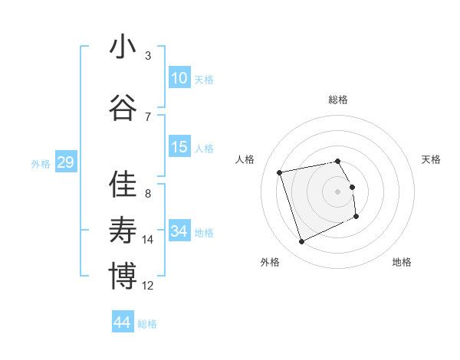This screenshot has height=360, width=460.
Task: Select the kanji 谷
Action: click(123, 109)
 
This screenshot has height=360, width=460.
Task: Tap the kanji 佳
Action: click(123, 185)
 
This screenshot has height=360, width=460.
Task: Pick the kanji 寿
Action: click(123, 231)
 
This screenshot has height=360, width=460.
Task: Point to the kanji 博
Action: click(123, 277)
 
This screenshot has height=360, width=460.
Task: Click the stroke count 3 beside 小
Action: click(148, 55)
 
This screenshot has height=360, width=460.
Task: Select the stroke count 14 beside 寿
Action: click(148, 240)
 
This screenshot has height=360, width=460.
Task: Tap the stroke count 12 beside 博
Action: click(148, 286)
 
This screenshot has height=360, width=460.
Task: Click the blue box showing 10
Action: click(179, 77)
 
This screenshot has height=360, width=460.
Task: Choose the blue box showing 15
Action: click(179, 147)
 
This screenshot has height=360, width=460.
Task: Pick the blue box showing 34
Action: click(179, 231)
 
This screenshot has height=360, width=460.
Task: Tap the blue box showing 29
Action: click(65, 162)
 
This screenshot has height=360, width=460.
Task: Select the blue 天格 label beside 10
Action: click(204, 79)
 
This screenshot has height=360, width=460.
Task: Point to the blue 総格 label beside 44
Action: click(147, 324)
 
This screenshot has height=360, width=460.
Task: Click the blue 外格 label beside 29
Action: click(41, 164)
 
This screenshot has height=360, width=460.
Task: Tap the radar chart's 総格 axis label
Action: click(338, 100)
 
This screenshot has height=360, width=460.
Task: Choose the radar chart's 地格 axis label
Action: click(402, 262)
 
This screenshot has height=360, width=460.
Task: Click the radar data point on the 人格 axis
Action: click(280, 172)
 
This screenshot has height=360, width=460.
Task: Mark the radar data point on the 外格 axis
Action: click(301, 242)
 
